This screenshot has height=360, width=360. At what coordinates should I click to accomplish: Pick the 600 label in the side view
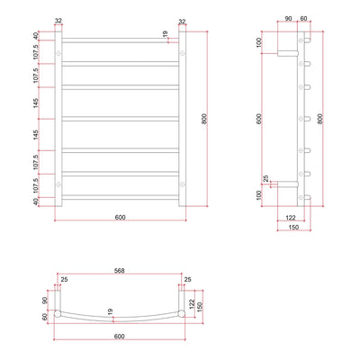(x=260, y=118)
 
